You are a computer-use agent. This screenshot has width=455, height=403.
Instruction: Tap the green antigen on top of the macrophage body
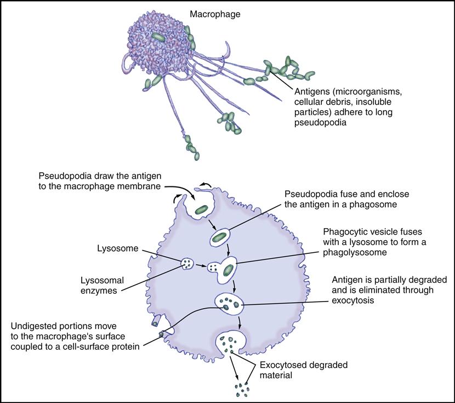pyautogui.click(x=158, y=37)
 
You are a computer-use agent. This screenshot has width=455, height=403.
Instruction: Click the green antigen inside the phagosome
pyautogui.click(x=219, y=237)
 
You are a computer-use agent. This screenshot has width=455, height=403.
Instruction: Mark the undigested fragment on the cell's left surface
pyautogui.click(x=162, y=334)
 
